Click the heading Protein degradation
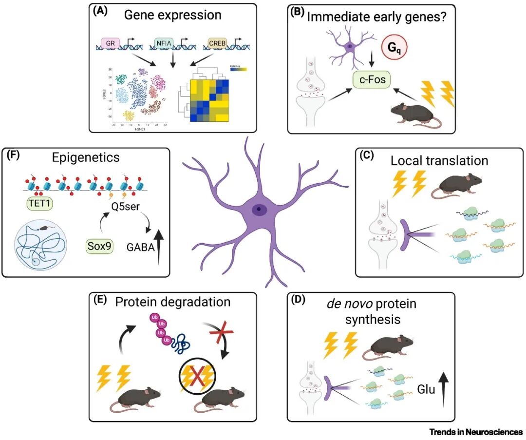172,302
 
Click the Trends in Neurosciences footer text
476,432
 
